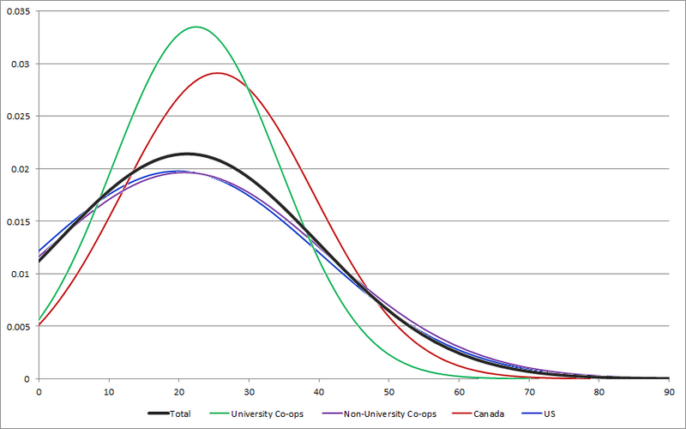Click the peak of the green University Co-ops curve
196,27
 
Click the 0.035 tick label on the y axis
17,11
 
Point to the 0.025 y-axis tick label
17,116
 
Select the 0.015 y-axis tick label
17,221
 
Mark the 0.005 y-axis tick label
17,326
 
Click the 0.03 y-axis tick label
20,63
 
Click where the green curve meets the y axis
39,319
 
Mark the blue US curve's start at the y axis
39,251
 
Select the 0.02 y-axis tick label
20,169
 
